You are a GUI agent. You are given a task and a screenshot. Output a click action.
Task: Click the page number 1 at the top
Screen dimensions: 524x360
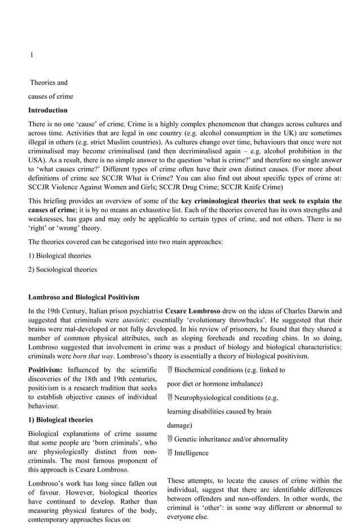(x=32, y=55)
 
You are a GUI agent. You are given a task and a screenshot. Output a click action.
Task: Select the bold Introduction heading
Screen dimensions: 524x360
(x=48, y=110)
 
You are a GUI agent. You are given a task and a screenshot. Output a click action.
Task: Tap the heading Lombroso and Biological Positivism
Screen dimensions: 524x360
(x=84, y=297)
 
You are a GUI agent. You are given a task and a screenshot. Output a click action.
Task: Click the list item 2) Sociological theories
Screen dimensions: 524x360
(x=63, y=269)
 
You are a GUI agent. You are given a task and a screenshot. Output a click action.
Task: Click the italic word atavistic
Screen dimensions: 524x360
(x=135, y=319)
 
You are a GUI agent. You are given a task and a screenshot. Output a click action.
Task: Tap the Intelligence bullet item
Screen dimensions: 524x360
(x=191, y=453)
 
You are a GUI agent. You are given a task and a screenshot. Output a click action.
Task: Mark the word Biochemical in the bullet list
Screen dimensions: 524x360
(x=195, y=370)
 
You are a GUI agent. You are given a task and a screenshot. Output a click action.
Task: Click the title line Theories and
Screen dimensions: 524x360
(x=49, y=82)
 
